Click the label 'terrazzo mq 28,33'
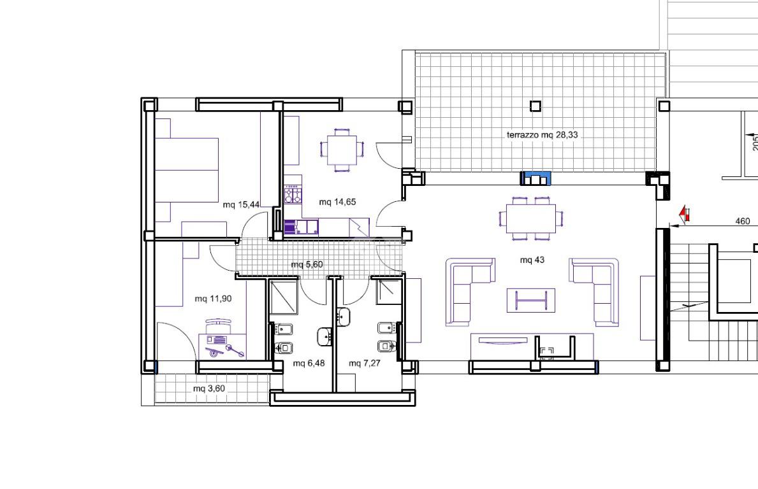coord(542,135)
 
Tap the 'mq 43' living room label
coord(532,260)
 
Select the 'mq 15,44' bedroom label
coord(241,204)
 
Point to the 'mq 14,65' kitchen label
coord(337,202)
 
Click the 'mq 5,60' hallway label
coord(307,264)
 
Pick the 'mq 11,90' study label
coord(213,299)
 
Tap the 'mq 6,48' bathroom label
coord(309,363)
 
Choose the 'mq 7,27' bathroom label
coord(365,363)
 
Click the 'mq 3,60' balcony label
coord(209,388)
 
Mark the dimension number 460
coord(743,221)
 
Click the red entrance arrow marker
coord(684,213)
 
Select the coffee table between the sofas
coord(531,301)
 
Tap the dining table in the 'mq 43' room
coord(531,218)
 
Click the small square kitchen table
coord(342,150)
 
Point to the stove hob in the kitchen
coord(293,195)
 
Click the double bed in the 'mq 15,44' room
coord(186,170)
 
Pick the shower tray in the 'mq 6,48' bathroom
coord(283,297)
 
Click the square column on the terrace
coord(535,106)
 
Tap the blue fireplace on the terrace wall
coord(535,178)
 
